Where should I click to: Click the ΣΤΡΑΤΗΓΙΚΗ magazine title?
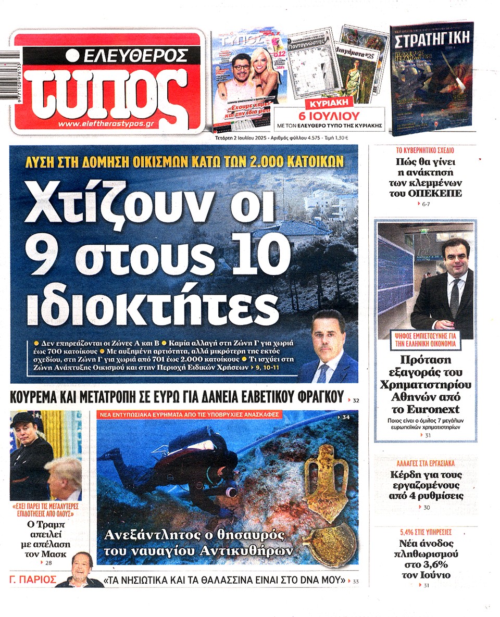coord(432,39)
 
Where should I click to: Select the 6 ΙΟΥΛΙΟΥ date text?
coord(329,116)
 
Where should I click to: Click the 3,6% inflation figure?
coord(425,564)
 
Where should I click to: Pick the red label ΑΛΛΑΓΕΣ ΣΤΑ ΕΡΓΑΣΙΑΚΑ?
coord(425,462)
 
